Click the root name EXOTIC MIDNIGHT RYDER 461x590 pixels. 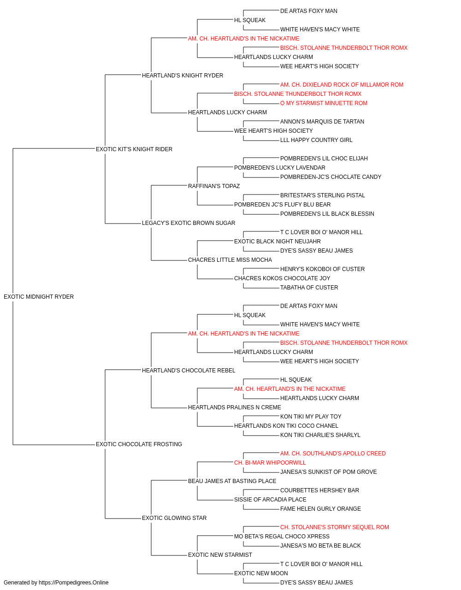coord(39,297)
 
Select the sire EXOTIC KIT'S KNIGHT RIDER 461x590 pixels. coord(134,149)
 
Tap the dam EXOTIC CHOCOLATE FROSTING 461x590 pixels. coord(139,444)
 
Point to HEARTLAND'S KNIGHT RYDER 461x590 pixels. coord(183,76)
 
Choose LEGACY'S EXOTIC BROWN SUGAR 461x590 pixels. coord(189,223)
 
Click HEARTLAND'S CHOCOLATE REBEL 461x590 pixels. coord(189,371)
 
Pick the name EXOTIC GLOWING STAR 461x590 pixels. coord(174,518)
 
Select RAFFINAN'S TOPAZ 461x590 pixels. coord(214,186)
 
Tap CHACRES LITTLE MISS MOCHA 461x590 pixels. coord(230,260)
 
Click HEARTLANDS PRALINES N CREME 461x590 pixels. coord(235,407)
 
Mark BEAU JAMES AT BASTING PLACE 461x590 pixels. coord(232,481)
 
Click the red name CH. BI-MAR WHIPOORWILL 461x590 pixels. coord(270,463)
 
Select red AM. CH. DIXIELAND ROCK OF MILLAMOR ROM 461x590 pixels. coord(342,85)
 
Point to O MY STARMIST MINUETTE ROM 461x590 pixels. coord(324,103)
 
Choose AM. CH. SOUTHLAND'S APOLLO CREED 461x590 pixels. coord(333,454)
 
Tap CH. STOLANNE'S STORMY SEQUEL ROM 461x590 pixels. coord(335,527)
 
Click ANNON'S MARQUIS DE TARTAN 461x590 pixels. coord(322,122)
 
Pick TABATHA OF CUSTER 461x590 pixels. coord(309,288)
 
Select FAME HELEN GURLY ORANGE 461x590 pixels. coord(320,509)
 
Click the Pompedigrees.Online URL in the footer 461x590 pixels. coord(74,583)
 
